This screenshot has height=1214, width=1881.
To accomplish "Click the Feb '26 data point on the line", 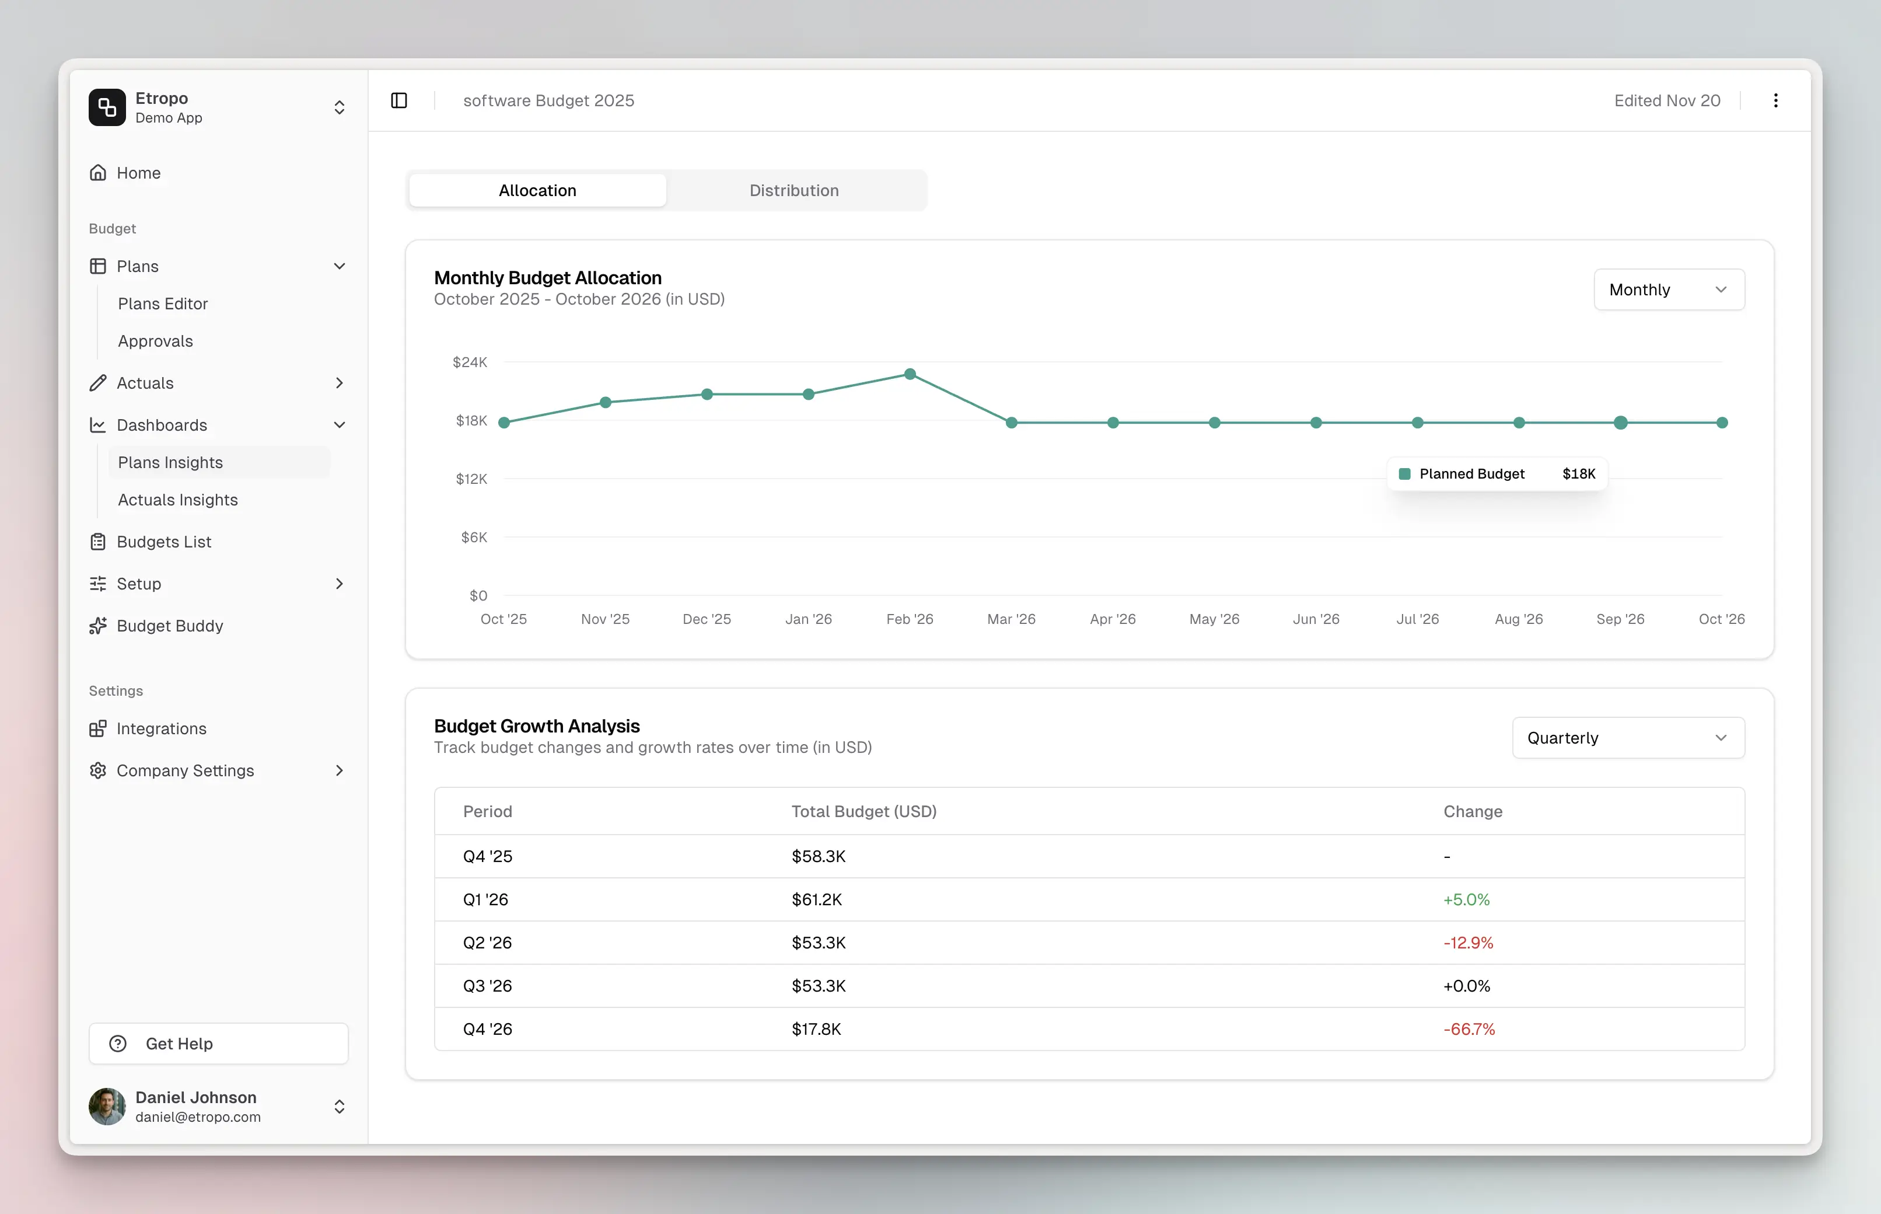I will [x=910, y=374].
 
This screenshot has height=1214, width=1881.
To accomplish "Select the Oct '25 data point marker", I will [x=504, y=423].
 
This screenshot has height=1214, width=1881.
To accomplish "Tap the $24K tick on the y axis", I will [x=470, y=362].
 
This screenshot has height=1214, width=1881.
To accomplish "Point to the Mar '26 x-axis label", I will [x=1011, y=619].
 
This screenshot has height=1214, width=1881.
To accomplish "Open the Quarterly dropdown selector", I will [x=1627, y=738].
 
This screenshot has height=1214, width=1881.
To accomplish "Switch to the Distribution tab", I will [x=793, y=190].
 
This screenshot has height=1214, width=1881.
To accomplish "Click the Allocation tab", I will [x=537, y=190].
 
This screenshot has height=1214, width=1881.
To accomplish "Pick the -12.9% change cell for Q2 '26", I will [x=1467, y=943].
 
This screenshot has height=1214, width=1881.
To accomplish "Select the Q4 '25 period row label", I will [x=487, y=856].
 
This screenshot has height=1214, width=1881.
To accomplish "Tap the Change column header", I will [x=1472, y=811].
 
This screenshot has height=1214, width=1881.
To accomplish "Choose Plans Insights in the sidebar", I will [x=170, y=463].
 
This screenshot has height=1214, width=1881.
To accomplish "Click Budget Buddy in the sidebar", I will [x=169, y=626].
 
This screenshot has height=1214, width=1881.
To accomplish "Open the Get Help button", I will [x=218, y=1044].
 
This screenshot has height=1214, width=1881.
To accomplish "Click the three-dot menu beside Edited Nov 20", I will [x=1775, y=100].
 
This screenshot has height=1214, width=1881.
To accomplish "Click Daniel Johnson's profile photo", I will [x=107, y=1106].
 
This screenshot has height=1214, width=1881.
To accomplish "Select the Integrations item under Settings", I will [x=161, y=728].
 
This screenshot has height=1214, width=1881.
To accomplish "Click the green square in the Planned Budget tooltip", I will [x=1404, y=474].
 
